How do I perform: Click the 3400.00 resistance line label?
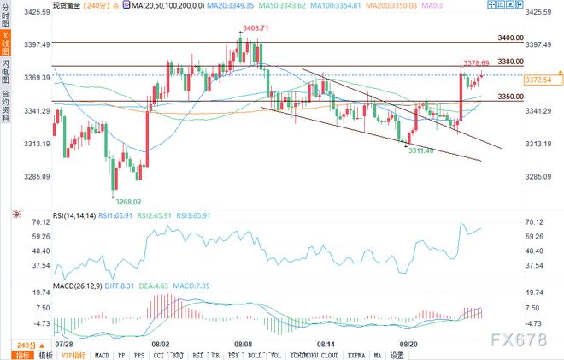pos(510,38)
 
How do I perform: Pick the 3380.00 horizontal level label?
pos(510,61)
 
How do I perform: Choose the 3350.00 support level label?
pos(510,97)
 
